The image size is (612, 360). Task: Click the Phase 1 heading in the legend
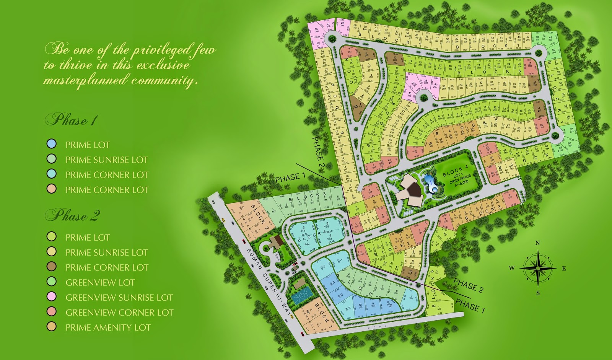(x=72, y=120)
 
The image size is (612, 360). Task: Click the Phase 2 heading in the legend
(x=73, y=215)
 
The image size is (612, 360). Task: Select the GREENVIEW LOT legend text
(x=100, y=283)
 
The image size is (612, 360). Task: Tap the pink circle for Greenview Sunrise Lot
(x=51, y=296)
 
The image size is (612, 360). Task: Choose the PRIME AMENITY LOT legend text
(x=108, y=327)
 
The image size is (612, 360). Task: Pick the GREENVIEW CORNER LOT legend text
(x=119, y=313)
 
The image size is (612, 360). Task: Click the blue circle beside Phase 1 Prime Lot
(x=51, y=144)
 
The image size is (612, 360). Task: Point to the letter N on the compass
(x=537, y=243)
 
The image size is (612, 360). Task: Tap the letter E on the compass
(x=564, y=269)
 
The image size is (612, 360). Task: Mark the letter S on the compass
(x=538, y=293)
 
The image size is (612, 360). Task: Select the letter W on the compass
(x=512, y=268)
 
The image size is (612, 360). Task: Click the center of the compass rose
(x=538, y=268)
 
